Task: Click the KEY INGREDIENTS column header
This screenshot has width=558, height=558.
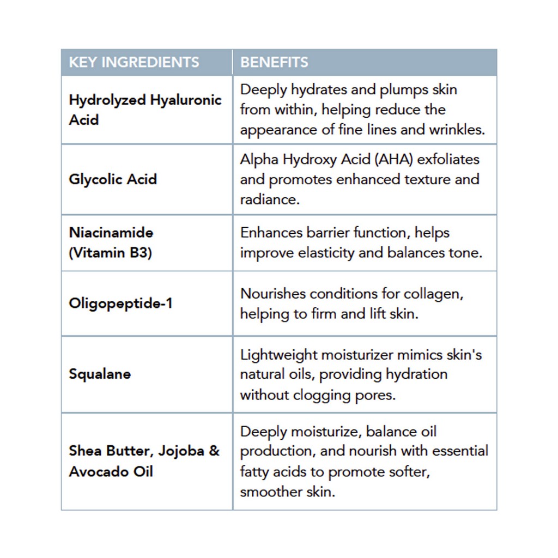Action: click(x=134, y=62)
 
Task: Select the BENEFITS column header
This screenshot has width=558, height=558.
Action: click(x=274, y=62)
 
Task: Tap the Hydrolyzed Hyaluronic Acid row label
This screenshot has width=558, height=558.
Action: click(x=145, y=110)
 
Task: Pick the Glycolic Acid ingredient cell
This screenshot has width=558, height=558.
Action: click(x=113, y=179)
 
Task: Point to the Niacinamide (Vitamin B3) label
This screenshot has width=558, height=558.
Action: click(x=111, y=242)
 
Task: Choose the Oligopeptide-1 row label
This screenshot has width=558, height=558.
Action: click(x=120, y=303)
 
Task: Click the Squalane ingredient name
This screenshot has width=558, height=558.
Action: click(x=100, y=374)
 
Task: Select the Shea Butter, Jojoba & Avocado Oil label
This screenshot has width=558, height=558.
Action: click(x=144, y=460)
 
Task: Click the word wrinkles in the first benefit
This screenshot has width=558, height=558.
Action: click(x=457, y=130)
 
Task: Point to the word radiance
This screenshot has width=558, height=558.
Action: click(x=269, y=199)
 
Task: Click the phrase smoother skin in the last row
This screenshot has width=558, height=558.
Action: click(x=287, y=492)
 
